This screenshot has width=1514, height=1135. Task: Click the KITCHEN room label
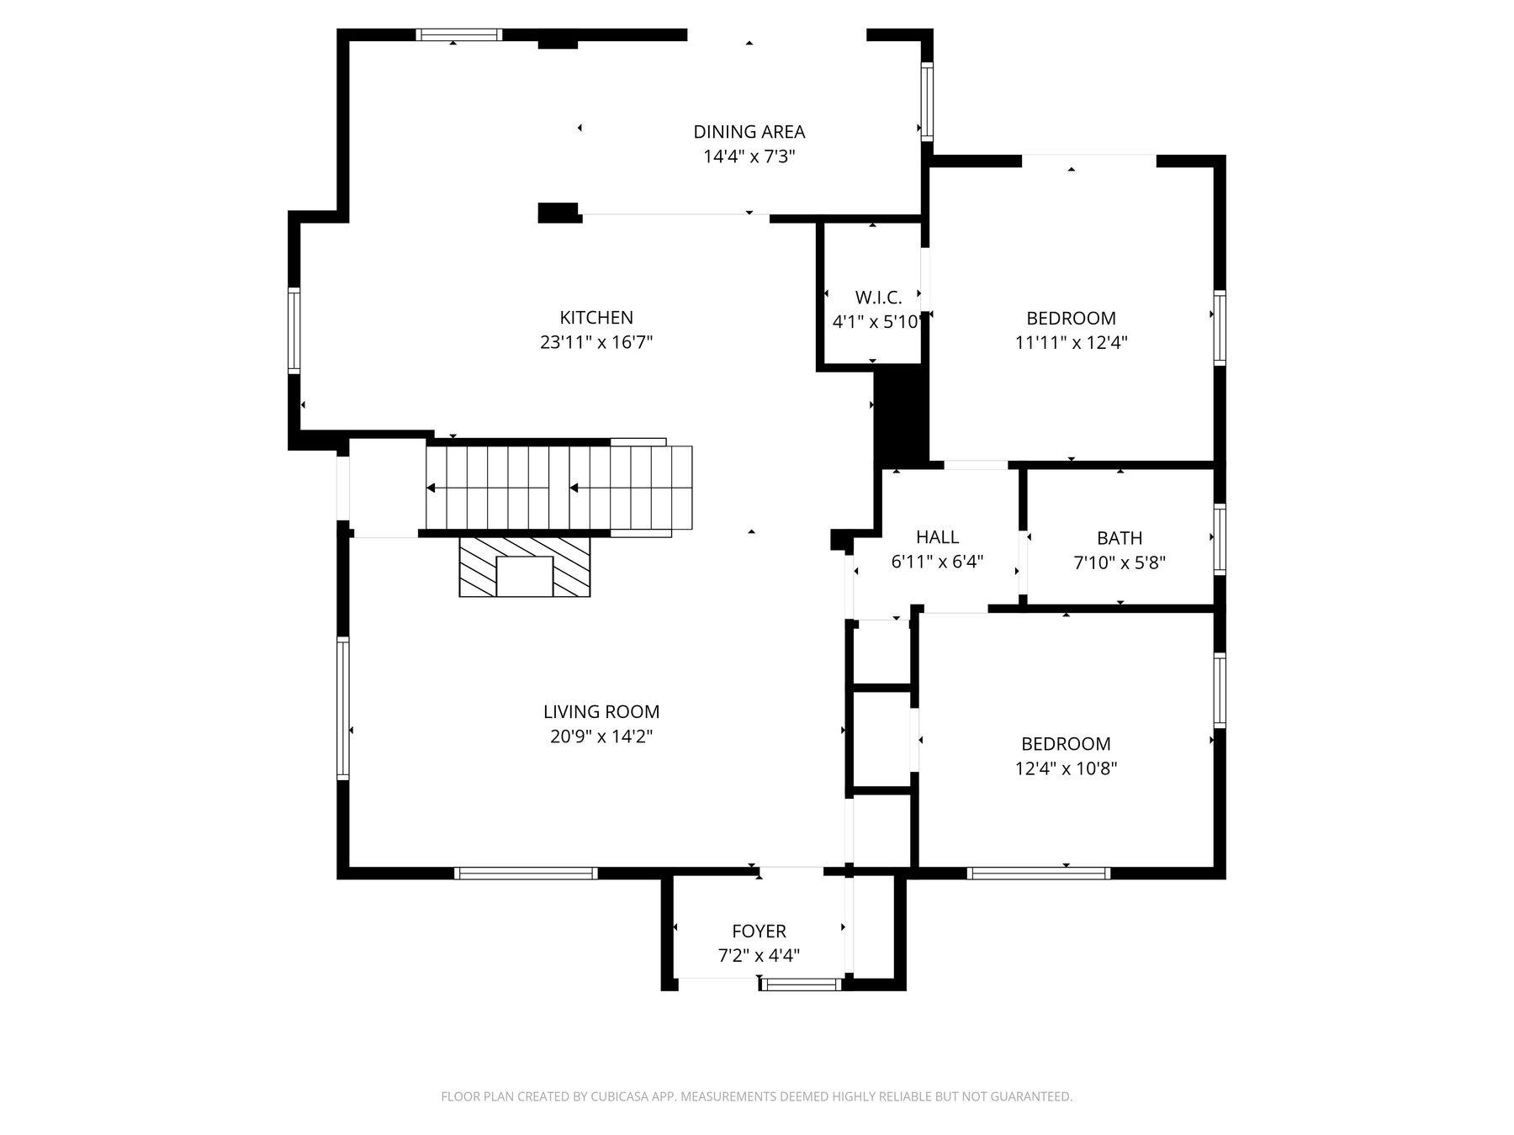pos(596,318)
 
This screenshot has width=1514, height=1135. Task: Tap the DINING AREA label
pos(749,132)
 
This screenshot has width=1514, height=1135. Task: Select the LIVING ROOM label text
pos(601,712)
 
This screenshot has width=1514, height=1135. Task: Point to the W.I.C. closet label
pos(878,298)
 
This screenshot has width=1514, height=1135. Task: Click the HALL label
pos(937,537)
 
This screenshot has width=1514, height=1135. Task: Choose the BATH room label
pos(1120,538)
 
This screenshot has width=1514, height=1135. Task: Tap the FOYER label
pos(759,932)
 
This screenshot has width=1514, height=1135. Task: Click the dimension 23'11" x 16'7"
pos(596,342)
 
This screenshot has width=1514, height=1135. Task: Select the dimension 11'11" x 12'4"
pos(1071,342)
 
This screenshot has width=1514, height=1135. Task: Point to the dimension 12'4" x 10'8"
pos(1066,768)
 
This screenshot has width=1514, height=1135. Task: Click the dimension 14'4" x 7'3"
pos(749,156)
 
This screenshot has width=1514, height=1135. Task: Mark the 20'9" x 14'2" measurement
pos(601,736)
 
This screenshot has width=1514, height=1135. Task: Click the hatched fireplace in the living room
pos(525,567)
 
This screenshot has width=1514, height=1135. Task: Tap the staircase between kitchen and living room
pos(559,488)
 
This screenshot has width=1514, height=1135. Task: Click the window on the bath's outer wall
pos(1219,538)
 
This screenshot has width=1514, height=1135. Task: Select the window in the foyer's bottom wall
pos(802,985)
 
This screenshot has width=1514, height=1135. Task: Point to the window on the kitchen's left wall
pos(294,330)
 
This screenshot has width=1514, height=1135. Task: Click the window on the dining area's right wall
pos(927,101)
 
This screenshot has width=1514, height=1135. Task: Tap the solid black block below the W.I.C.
pos(901,415)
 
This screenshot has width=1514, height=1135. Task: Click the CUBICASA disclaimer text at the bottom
pos(756,1096)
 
